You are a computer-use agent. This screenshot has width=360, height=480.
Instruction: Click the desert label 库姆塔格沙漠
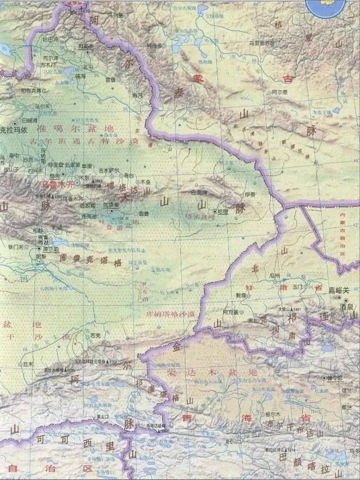171,315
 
